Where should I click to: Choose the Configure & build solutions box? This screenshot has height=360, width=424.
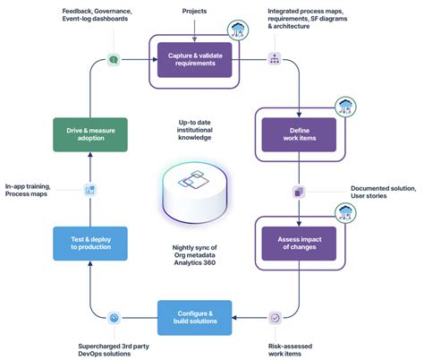[196, 317]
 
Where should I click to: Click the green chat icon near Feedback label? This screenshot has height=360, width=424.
[114, 59]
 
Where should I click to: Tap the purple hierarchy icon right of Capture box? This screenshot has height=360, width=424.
[274, 59]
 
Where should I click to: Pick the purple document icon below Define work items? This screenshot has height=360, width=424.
[299, 191]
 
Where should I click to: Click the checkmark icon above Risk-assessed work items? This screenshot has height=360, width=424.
[275, 317]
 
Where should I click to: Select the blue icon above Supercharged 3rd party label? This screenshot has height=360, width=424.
[114, 317]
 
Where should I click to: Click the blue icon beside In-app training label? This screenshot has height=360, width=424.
[89, 190]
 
